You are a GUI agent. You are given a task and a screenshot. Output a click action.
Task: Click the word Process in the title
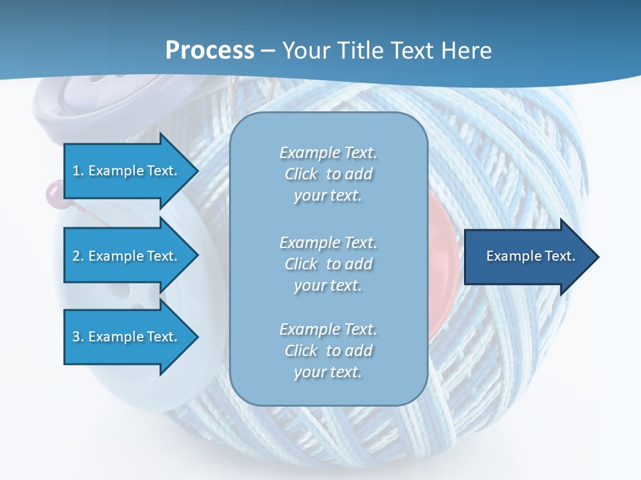pos(210,50)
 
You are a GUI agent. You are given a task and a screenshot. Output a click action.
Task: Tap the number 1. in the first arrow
pos(78,171)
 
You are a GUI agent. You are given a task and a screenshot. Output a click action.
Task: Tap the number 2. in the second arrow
pos(78,256)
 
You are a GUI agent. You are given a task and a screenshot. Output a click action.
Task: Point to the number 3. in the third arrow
pos(78,337)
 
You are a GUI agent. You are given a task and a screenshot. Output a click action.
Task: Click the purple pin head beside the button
pos(52,194)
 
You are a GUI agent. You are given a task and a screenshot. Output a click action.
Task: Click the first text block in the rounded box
pos(328,174)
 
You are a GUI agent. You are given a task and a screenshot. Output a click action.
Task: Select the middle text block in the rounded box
pos(328,264)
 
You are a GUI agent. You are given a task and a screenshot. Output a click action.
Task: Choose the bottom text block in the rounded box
pos(328,351)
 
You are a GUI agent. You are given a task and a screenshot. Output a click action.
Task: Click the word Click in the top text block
pos(301,174)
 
